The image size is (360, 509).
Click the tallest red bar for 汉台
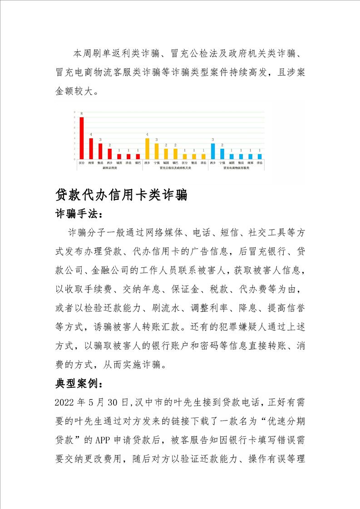point(82,138)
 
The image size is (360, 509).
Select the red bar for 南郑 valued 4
point(91,148)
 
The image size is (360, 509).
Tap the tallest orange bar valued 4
point(147,148)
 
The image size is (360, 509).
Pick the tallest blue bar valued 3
point(213,151)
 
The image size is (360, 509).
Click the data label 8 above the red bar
point(82,113)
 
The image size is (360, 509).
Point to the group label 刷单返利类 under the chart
point(110,167)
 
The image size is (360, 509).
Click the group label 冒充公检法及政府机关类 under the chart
point(176,167)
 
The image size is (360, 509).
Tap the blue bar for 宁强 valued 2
point(222,153)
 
